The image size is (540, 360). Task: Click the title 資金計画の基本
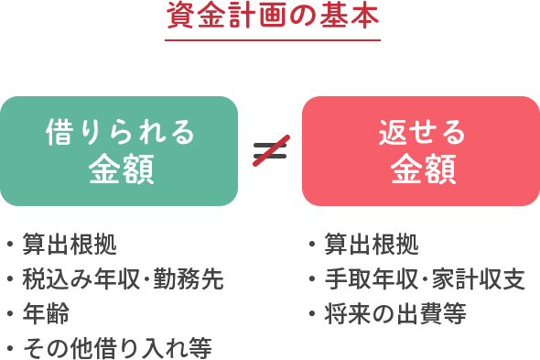[272, 16]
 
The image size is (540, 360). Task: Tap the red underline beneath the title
[272, 39]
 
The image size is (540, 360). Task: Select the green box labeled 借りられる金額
[119, 150]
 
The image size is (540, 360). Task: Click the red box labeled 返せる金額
[421, 150]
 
